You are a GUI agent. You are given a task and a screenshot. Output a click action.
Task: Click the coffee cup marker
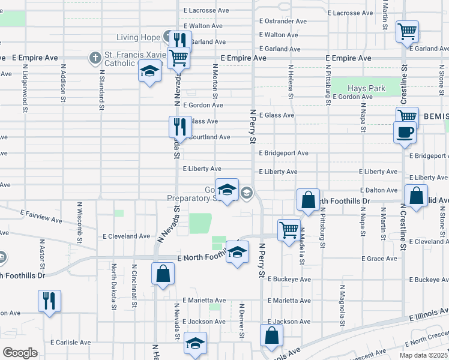pos(404,131)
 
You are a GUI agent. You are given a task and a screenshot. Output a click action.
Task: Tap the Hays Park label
pos(366,88)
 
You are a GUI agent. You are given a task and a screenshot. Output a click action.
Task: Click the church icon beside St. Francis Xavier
pos(94,58)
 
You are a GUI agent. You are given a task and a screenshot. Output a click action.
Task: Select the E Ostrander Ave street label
pos(283,20)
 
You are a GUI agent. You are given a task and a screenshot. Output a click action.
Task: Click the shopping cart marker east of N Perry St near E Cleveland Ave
pos(289,229)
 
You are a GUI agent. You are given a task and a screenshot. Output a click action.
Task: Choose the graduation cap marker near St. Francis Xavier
pos(149,71)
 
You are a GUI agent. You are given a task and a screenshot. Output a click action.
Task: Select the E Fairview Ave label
pos(41,217)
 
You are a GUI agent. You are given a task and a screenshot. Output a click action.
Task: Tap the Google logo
pos(20,352)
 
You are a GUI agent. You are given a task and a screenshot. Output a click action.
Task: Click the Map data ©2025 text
pos(423,355)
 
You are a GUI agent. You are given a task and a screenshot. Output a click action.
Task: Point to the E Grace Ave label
pos(379,259)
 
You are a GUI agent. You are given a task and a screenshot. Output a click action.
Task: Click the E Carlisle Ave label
pos(70,342)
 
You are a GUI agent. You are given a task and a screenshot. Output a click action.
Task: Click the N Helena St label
pos(291,81)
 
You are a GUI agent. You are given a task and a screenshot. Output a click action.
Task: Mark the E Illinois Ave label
pos(428,316)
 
